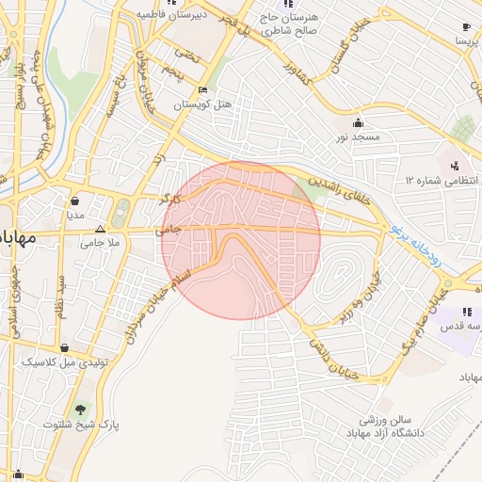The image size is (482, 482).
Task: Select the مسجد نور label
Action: (359, 137)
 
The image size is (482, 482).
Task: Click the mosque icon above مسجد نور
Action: (358, 122)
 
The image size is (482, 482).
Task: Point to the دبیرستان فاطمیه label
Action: (165, 15)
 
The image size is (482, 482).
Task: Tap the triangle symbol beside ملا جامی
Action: (100, 229)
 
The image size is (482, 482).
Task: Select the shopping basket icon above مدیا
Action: (75, 201)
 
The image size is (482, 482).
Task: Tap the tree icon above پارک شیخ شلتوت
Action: (81, 410)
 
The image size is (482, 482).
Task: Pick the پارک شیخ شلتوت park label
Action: (81, 425)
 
